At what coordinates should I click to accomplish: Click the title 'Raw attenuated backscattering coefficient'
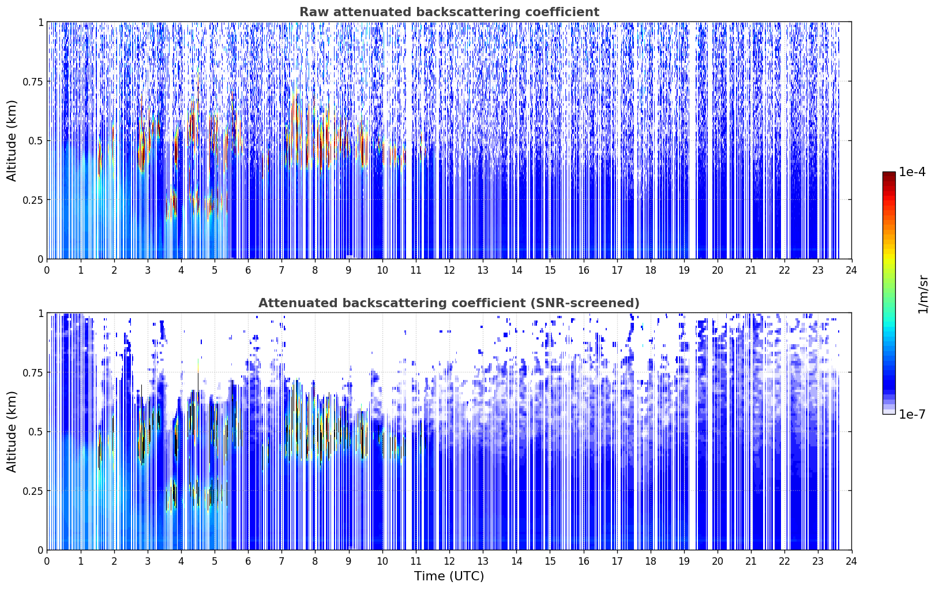click(449, 12)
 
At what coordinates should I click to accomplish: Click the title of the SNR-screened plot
click(449, 303)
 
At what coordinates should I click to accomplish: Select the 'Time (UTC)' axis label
click(449, 576)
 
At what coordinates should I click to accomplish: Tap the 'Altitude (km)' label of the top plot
click(12, 141)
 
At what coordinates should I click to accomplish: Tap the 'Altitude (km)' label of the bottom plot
click(12, 431)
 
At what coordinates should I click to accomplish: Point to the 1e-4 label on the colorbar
click(912, 172)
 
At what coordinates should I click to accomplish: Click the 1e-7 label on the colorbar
click(912, 414)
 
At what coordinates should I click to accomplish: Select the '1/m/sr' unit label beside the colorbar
click(923, 294)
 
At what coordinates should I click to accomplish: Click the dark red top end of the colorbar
click(889, 174)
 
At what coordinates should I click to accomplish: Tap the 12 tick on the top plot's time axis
click(449, 270)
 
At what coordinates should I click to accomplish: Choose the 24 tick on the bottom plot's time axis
click(851, 561)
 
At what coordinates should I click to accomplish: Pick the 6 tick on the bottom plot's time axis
click(248, 561)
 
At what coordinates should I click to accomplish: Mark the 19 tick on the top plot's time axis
click(684, 270)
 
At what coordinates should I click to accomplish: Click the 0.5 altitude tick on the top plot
click(36, 141)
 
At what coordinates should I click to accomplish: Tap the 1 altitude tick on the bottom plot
click(40, 314)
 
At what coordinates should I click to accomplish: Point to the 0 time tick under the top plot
click(47, 270)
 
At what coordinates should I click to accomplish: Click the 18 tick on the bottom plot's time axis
click(650, 561)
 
